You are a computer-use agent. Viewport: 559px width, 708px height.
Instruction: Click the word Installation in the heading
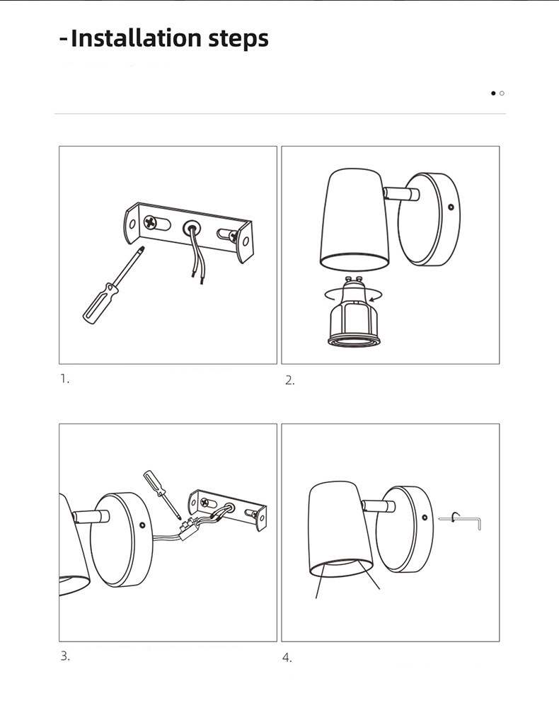(136, 38)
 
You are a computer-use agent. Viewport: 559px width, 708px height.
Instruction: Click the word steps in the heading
(238, 39)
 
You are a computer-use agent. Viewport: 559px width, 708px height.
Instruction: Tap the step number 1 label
(64, 379)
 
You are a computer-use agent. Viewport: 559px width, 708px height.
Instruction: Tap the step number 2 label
(289, 381)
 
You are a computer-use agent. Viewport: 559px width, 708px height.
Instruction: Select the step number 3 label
(65, 656)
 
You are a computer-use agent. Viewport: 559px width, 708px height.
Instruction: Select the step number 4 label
(287, 658)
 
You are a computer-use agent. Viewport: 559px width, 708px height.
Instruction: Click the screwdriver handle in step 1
(100, 304)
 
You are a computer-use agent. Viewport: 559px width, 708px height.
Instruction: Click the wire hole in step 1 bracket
(191, 227)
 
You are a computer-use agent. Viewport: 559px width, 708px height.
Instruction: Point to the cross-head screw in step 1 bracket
(150, 222)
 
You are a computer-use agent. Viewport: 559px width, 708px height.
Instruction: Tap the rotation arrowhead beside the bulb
(371, 299)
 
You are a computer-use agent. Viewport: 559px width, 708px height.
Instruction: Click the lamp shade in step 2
(355, 220)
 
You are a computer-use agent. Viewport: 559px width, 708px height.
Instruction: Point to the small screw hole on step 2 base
(451, 207)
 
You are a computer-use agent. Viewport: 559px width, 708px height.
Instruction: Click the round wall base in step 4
(405, 529)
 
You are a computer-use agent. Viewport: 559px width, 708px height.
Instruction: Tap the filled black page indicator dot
(493, 93)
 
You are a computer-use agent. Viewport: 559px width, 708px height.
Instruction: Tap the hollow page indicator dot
(502, 93)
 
